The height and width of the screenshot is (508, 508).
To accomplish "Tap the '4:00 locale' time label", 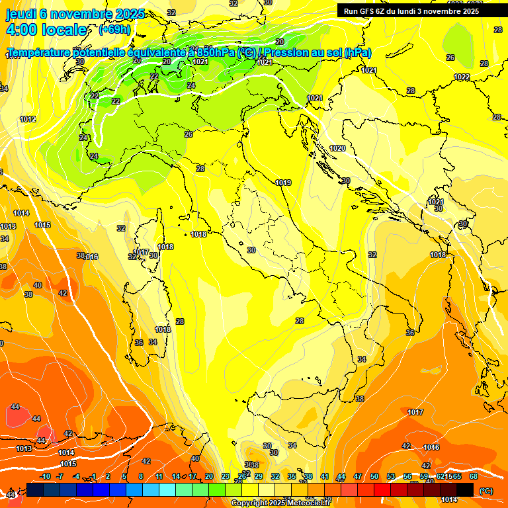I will click(46, 30).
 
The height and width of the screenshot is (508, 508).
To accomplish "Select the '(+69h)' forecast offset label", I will click(114, 30).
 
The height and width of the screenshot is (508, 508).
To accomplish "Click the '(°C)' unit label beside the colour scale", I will click(486, 490).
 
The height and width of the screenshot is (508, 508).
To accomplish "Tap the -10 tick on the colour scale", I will click(45, 476).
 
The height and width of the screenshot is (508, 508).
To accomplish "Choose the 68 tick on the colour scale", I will click(474, 476).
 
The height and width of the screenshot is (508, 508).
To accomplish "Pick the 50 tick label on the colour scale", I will click(374, 476).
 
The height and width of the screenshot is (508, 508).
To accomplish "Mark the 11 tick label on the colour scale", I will click(159, 476).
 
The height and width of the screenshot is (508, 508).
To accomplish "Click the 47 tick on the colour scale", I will click(358, 476).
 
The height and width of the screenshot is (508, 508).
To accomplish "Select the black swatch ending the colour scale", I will click(465, 489).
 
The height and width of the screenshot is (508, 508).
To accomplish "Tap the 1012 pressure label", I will click(28, 120).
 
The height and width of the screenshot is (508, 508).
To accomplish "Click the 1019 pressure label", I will click(284, 183).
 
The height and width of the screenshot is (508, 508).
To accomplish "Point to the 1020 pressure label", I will click(337, 148).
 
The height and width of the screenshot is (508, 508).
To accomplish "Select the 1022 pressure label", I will click(462, 77).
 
